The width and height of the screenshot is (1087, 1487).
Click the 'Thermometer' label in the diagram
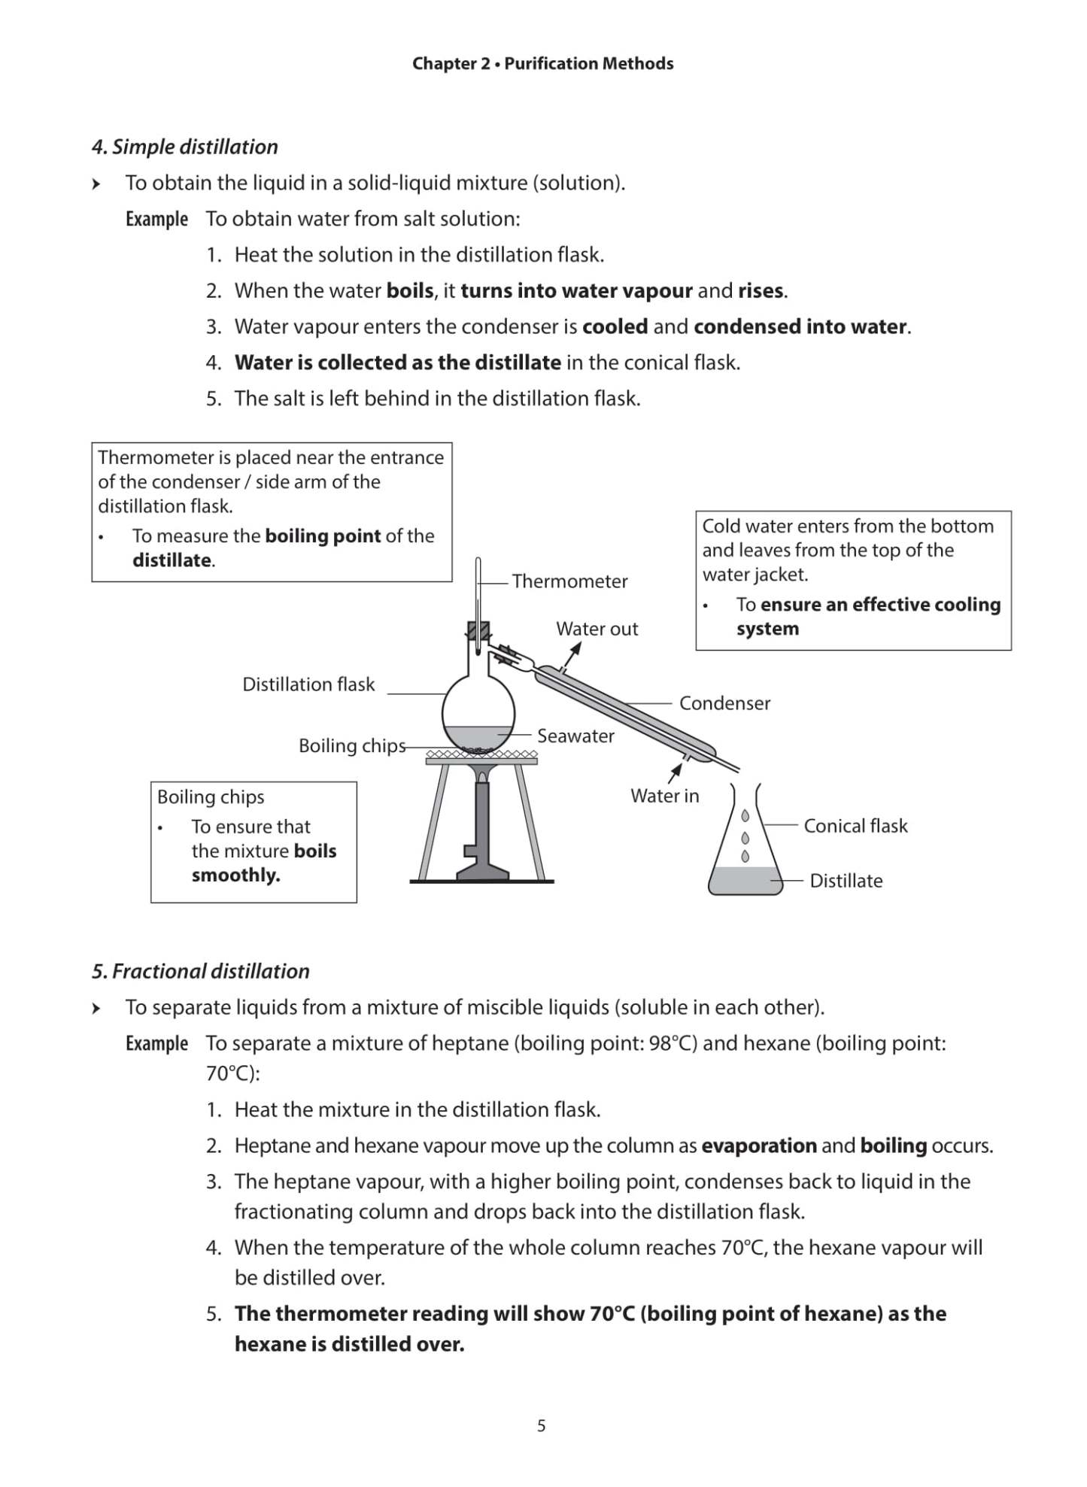(x=569, y=581)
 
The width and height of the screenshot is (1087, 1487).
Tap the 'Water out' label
(x=597, y=629)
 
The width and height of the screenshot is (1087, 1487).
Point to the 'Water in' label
(x=664, y=796)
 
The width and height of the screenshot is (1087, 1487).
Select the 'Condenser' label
(x=724, y=703)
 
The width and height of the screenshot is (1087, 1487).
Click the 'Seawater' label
(x=575, y=736)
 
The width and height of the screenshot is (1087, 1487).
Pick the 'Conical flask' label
(x=855, y=826)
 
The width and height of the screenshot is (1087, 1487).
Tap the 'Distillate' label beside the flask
(x=846, y=881)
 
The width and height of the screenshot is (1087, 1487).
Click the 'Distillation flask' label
(x=308, y=684)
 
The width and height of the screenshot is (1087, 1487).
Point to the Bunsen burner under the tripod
(x=482, y=827)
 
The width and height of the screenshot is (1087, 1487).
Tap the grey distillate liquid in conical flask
(x=744, y=880)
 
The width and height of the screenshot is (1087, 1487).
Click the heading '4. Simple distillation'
(x=185, y=147)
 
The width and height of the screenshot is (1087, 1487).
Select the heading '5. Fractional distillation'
(x=201, y=971)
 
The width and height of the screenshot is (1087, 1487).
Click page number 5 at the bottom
(x=542, y=1425)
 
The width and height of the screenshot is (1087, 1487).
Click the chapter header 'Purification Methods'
(x=588, y=64)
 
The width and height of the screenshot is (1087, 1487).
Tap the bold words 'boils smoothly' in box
(x=263, y=863)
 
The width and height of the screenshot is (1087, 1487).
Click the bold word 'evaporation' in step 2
(x=758, y=1146)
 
